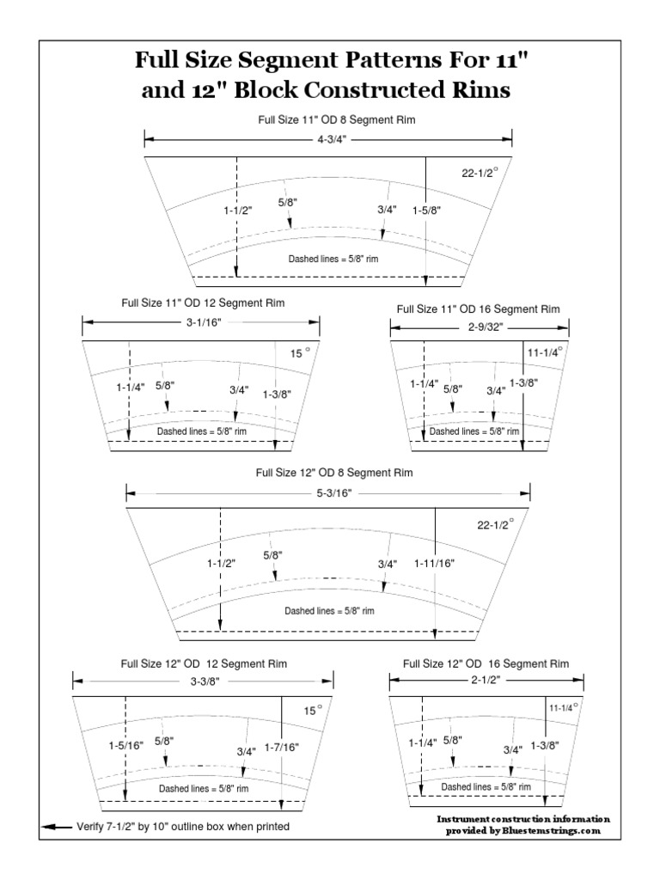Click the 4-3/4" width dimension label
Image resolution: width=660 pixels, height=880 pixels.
(327, 138)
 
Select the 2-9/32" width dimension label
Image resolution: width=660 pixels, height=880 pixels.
(479, 327)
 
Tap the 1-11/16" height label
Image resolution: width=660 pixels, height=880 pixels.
(434, 563)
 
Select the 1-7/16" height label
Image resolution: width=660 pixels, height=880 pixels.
(282, 748)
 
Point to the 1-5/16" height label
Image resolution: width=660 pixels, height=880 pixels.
(125, 745)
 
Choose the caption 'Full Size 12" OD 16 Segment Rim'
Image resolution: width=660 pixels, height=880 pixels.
(485, 664)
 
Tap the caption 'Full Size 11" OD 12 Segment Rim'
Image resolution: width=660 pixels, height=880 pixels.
(203, 303)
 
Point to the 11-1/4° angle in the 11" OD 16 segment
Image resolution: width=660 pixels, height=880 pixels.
(545, 351)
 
